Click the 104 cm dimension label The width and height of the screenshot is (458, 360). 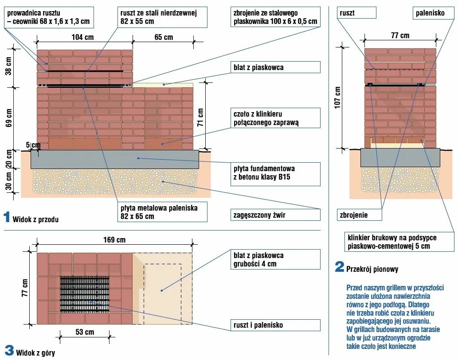83,37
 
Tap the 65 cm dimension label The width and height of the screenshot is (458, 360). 164,37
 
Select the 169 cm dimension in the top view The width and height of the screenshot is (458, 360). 114,240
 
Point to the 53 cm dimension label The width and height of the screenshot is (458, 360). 85,332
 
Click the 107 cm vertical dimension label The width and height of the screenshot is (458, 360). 338,97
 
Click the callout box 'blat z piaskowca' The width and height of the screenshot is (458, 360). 276,67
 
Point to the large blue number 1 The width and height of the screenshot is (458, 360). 7,217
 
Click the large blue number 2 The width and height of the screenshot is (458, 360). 340,267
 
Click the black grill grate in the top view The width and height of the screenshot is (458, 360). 85,294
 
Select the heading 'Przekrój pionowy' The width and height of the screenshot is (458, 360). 372,269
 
